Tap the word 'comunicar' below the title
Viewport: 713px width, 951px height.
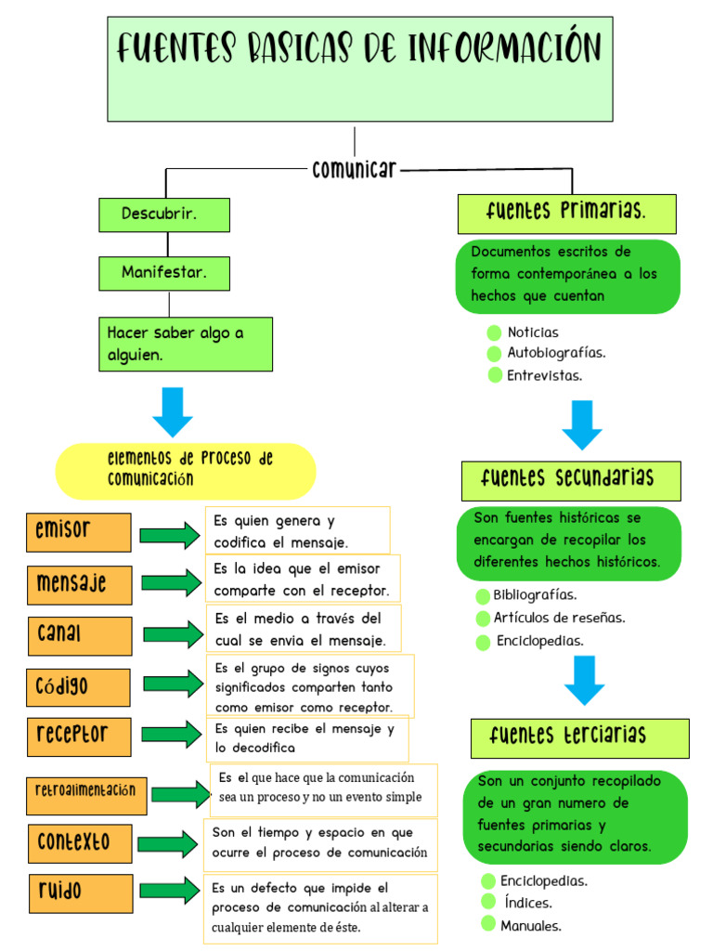pos(355,170)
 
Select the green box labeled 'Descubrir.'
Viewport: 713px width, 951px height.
pos(164,215)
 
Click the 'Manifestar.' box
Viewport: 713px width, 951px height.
pos(164,273)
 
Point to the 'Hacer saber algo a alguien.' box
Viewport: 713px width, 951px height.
pos(186,344)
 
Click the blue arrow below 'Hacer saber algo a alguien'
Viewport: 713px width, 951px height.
pos(173,411)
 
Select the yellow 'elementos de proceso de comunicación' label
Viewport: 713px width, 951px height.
pos(186,470)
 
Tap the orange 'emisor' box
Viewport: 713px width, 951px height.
pos(79,531)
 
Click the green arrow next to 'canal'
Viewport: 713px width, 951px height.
pos(173,634)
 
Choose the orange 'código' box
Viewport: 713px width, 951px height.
pos(78,687)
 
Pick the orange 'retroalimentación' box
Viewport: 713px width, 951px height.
pos(85,791)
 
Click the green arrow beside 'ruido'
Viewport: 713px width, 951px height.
pos(170,891)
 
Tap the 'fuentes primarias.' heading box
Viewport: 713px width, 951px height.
pos(566,214)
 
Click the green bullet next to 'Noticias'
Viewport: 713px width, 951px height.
pos(494,332)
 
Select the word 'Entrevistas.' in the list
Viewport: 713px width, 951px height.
pos(545,376)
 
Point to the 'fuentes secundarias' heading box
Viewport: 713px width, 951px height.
pos(570,480)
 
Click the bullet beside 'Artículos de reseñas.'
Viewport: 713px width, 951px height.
pos(483,619)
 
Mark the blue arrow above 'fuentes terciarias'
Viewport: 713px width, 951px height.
pos(585,680)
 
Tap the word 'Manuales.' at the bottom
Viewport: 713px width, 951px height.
pos(531,926)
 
